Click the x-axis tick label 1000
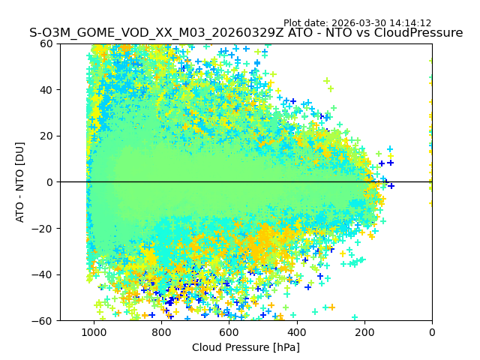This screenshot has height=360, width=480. [x=94, y=331]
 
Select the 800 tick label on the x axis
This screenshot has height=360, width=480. [x=161, y=331]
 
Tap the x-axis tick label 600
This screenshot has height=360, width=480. [x=229, y=331]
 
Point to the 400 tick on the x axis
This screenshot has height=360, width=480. [x=296, y=331]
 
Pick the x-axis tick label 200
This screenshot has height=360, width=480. [x=364, y=331]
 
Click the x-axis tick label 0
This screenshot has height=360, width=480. [x=432, y=331]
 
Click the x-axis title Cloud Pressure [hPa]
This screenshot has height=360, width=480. [x=246, y=347]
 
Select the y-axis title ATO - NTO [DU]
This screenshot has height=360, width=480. [x=20, y=182]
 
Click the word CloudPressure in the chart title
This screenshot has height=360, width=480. [x=416, y=33]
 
